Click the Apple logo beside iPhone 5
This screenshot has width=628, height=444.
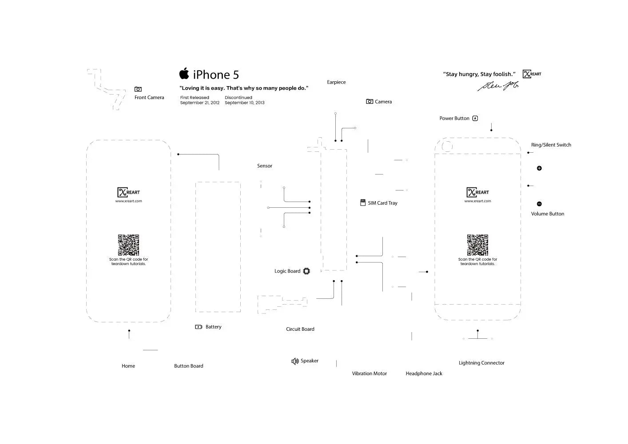184,74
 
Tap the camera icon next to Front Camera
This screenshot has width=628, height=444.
138,89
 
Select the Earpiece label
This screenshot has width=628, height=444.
336,82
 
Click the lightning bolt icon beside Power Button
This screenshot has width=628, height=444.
475,119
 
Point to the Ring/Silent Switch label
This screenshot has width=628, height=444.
551,145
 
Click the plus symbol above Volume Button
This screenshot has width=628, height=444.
539,168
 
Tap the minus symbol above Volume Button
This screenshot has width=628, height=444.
539,204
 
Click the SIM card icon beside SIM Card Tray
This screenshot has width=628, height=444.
363,203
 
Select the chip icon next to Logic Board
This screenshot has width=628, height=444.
306,271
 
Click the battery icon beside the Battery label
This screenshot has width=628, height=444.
199,327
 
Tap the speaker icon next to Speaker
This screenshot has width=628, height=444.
295,361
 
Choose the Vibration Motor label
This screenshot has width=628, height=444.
369,373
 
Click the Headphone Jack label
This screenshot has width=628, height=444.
424,373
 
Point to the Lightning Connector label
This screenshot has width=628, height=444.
481,363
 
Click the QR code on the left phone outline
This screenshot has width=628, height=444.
128,245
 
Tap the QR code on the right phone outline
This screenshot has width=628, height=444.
477,245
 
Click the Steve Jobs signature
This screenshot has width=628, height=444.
497,86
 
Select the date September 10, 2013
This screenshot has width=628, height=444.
244,103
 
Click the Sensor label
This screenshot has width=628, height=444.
264,166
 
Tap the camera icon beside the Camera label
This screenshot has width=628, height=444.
370,102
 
